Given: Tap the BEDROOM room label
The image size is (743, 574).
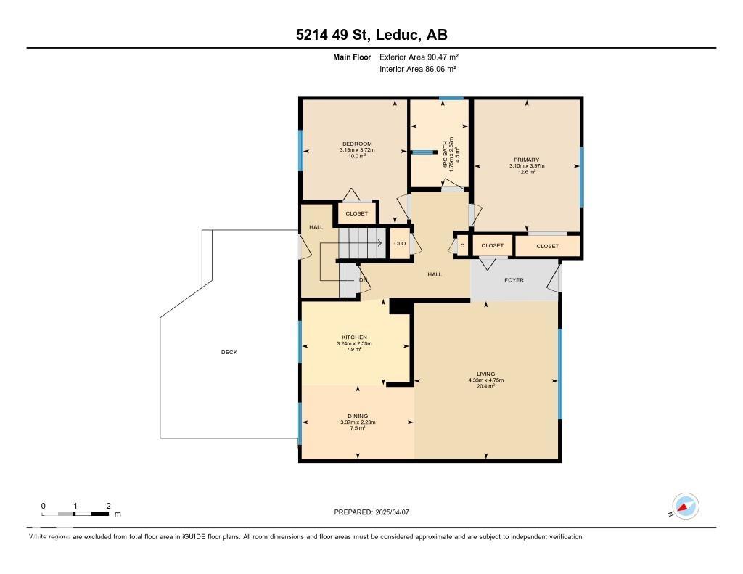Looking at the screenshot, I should pyautogui.click(x=356, y=144).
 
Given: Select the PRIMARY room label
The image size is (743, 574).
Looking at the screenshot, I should pyautogui.click(x=527, y=160).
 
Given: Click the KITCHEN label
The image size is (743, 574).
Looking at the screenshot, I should pyautogui.click(x=354, y=337).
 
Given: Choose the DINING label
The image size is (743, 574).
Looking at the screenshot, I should pyautogui.click(x=357, y=417).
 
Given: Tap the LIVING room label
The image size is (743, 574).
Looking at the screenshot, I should pyautogui.click(x=485, y=374).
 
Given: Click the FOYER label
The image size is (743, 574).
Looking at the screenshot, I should pyautogui.click(x=514, y=280).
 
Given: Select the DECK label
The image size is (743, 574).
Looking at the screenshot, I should pyautogui.click(x=229, y=353).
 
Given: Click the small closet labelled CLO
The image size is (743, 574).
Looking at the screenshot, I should pyautogui.click(x=400, y=243).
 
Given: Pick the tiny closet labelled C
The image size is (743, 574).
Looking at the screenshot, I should pyautogui.click(x=462, y=245).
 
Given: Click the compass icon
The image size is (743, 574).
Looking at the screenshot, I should pyautogui.click(x=685, y=507).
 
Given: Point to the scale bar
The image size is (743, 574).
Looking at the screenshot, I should pyautogui.click(x=75, y=514).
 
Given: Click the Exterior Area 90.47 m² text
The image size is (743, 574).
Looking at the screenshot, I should pyautogui.click(x=419, y=57).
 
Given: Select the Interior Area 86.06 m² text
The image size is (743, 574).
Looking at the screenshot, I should pyautogui.click(x=418, y=69).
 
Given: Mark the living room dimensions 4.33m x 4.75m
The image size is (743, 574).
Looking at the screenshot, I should pyautogui.click(x=485, y=380).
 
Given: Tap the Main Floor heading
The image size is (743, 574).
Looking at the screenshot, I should pyautogui.click(x=353, y=57).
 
